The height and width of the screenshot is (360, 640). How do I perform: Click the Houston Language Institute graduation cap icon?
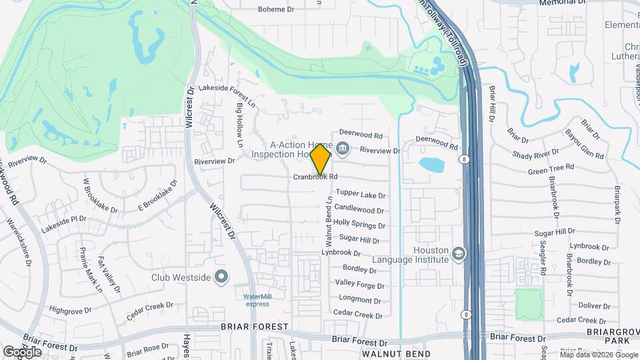[x=458, y=253]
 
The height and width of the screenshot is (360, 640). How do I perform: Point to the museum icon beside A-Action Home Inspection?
[x=343, y=148]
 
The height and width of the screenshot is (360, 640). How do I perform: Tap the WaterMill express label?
[x=256, y=300]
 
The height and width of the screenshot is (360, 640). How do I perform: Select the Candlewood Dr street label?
[x=359, y=209]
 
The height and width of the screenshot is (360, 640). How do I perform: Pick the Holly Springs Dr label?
[x=359, y=224]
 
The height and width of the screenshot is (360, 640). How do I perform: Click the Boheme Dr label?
[x=276, y=9]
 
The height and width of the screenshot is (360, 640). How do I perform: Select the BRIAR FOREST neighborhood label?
[x=256, y=327]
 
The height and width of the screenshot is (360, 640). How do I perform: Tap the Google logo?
[x=22, y=351]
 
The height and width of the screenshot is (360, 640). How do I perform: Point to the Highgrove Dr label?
[x=74, y=311]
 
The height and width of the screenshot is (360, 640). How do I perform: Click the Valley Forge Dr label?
[x=360, y=285]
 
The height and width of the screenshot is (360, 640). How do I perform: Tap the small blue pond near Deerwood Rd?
[x=431, y=163]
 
